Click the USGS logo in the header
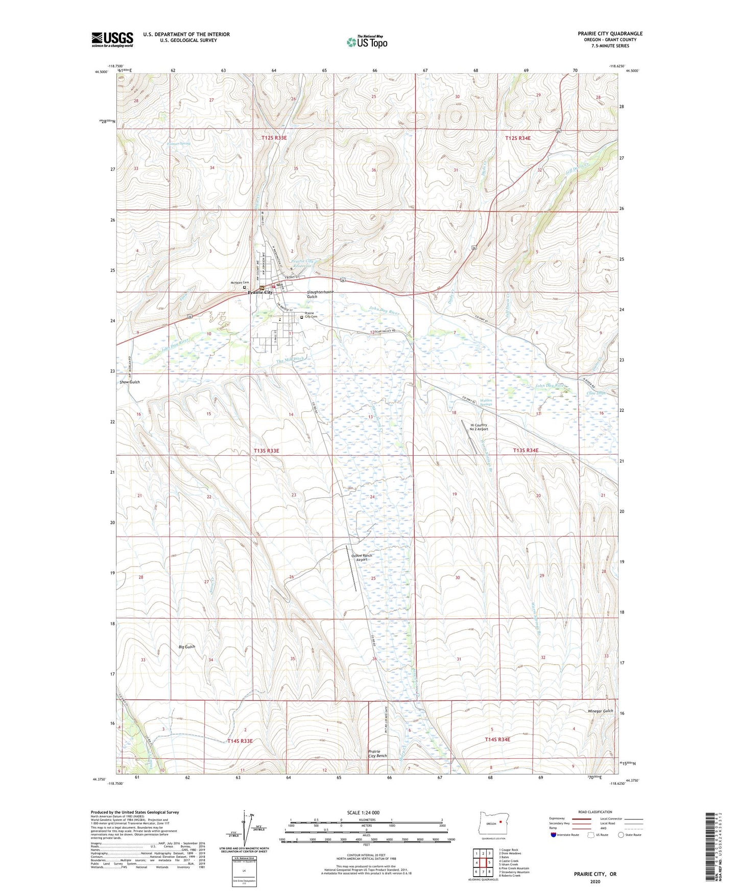(112, 39)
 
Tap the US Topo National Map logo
(366, 41)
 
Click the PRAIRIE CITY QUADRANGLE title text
(610, 34)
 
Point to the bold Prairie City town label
(260, 292)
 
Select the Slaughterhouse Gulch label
(320, 294)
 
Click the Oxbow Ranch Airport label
(362, 557)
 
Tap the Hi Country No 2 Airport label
(479, 427)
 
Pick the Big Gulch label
(186, 647)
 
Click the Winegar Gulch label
(600, 711)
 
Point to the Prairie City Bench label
(377, 754)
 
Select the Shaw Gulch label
(129, 382)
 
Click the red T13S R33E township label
(267, 451)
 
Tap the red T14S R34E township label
(497, 739)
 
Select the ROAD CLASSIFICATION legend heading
(594, 812)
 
